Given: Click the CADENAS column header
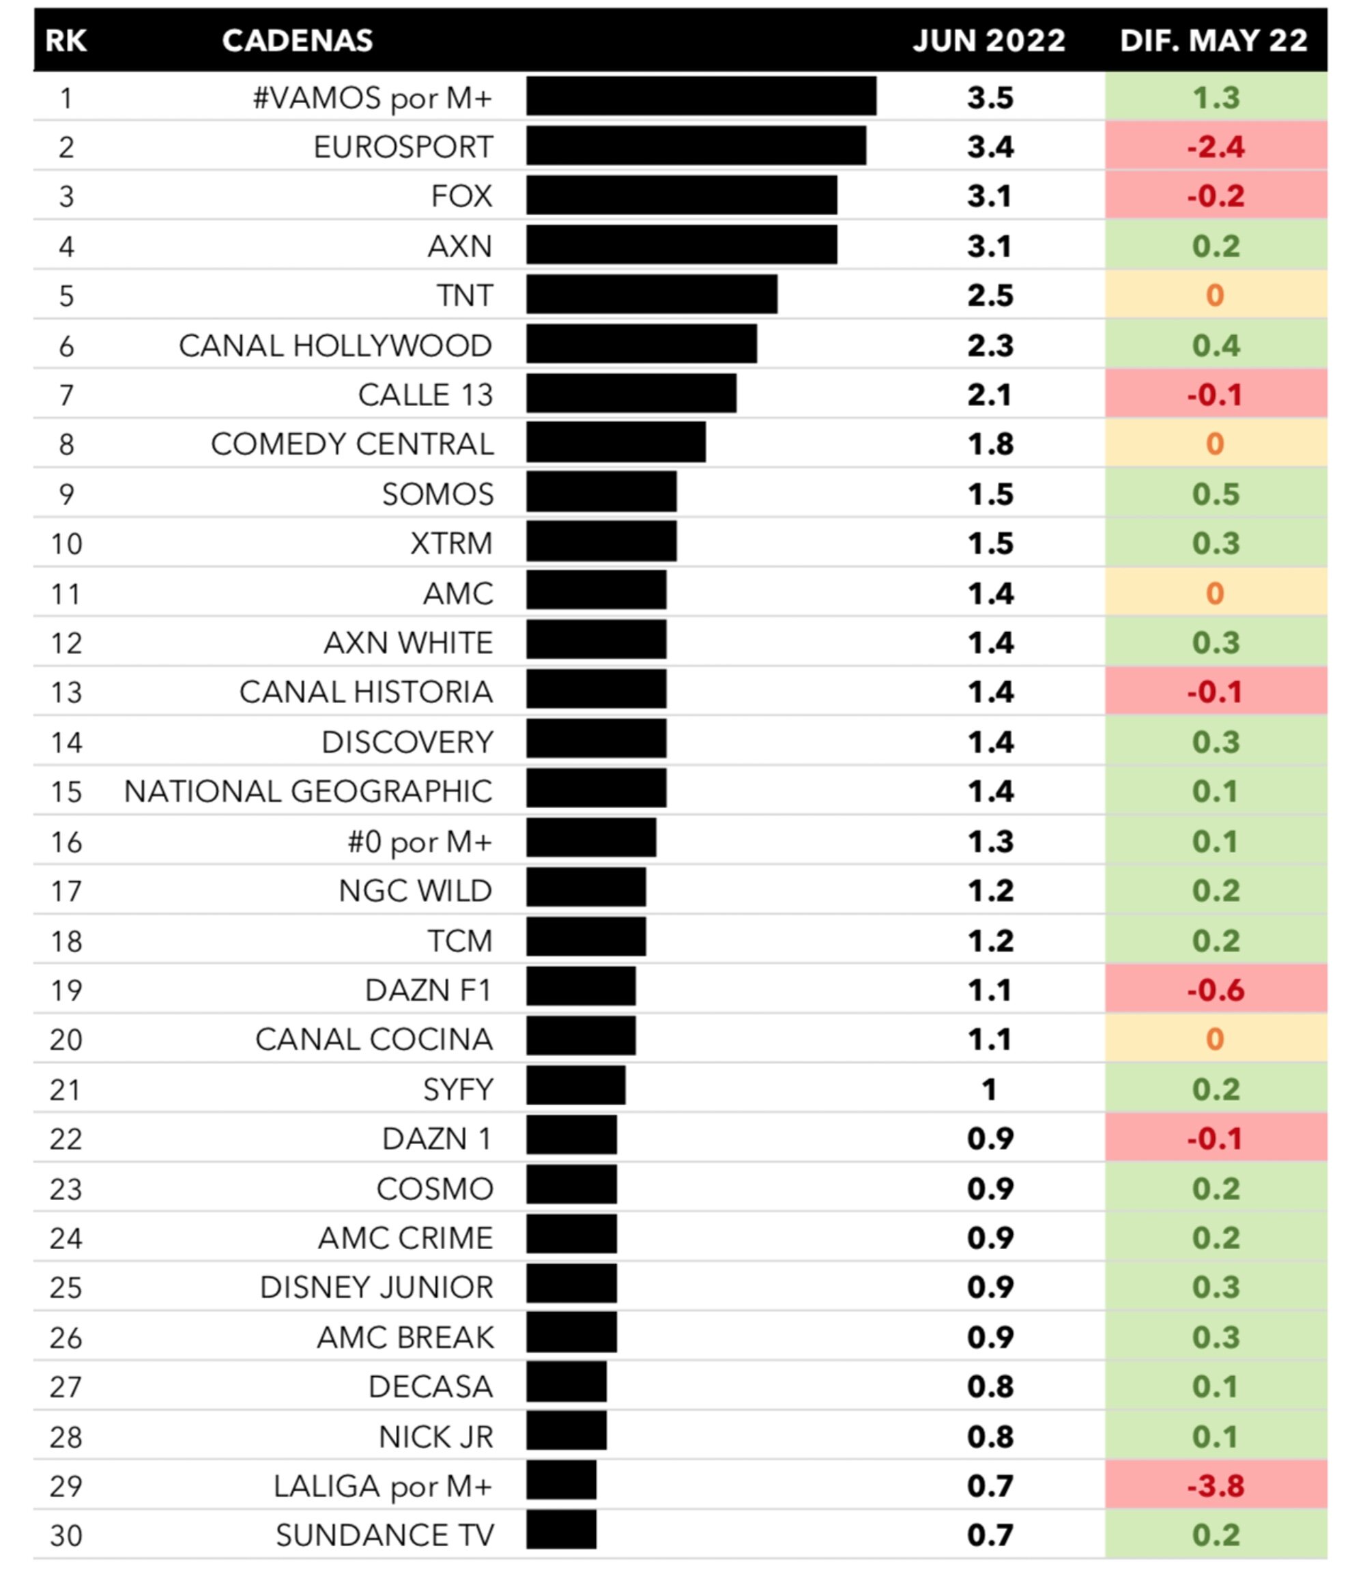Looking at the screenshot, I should coord(297,40).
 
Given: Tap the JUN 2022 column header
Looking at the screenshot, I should coord(989,40).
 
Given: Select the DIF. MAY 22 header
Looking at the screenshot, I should coord(1213,40).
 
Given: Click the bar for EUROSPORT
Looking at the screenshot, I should coord(695,145).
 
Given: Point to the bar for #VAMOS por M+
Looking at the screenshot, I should coord(701,96).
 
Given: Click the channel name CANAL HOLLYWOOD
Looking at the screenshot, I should coord(335,346).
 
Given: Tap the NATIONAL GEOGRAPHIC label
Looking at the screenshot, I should coord(308,791).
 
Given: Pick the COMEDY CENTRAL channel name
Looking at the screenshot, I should coord(352,444).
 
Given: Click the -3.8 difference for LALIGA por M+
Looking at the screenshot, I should coord(1215,1485).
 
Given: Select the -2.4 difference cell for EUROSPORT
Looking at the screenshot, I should coord(1215,146).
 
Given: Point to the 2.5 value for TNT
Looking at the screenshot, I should coord(990,296).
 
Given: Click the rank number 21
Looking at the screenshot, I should coord(66,1090).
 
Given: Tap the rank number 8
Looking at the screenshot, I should coord(66,444).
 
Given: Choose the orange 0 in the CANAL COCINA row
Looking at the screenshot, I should coord(1215,1039).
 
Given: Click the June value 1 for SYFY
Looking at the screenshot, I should coord(989,1090).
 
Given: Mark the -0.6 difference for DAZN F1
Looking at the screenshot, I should coord(1215,990).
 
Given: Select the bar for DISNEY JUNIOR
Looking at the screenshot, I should coord(571,1287).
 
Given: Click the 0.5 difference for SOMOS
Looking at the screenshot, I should coord(1215,494).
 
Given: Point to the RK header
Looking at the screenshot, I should coord(66,40).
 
